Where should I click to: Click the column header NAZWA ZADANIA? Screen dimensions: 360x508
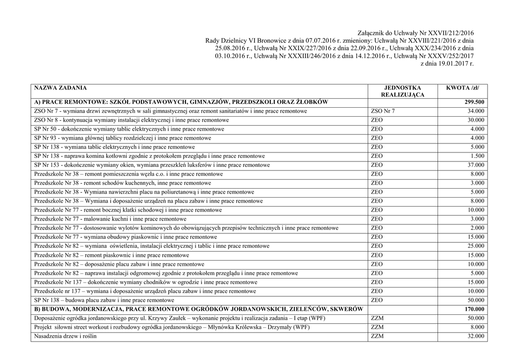60,88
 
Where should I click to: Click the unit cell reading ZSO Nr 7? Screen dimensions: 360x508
383,111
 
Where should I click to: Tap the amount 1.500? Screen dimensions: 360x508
478,156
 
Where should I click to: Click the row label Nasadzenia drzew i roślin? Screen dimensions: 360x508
65,337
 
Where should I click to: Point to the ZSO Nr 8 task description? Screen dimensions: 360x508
131,120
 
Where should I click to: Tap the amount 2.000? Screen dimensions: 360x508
478,228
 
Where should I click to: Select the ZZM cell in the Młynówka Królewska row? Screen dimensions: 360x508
377,328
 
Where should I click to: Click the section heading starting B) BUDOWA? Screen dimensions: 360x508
198,309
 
